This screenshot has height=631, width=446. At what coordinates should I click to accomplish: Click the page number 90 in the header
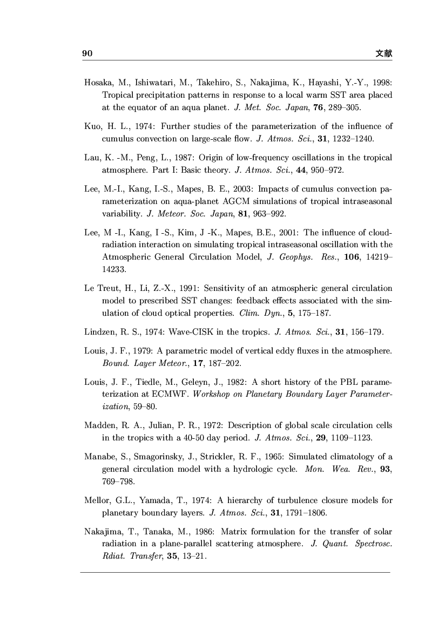click(x=88, y=53)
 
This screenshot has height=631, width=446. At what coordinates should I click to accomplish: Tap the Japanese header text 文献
click(x=384, y=53)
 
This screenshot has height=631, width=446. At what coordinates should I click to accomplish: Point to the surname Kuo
click(x=92, y=126)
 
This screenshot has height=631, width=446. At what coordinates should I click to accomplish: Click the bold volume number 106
click(x=337, y=256)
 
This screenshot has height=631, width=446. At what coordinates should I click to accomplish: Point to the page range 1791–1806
click(x=309, y=512)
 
